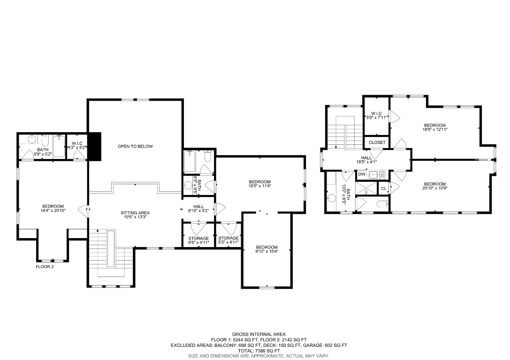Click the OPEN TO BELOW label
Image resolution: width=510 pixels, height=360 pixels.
[135, 146]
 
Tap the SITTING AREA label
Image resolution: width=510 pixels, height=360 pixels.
[135, 213]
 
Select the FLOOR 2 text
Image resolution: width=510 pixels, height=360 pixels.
[45, 266]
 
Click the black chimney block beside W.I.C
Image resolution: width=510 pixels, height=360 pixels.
[95, 146]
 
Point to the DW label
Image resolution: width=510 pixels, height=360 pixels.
[361, 174]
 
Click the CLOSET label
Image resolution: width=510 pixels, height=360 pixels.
[377, 142]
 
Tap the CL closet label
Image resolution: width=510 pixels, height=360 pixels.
[383, 188]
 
